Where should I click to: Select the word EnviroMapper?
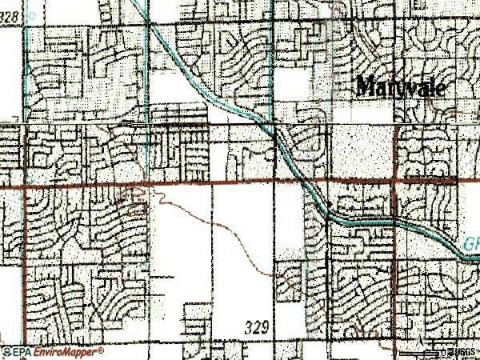point(66,351)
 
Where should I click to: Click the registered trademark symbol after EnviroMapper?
point(101,349)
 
